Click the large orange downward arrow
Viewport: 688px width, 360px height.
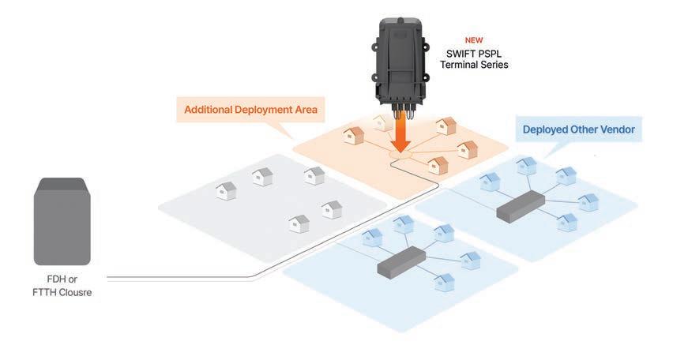click(x=403, y=133)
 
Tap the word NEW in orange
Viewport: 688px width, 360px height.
click(x=474, y=39)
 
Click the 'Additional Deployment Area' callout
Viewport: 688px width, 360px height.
click(x=250, y=110)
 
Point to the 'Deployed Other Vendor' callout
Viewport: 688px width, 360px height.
click(x=578, y=129)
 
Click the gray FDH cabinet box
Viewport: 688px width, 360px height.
click(x=62, y=222)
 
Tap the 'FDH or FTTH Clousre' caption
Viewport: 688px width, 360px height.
click(x=63, y=287)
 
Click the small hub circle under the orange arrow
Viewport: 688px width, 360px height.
click(x=403, y=159)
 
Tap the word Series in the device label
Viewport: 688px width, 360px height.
click(x=495, y=65)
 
